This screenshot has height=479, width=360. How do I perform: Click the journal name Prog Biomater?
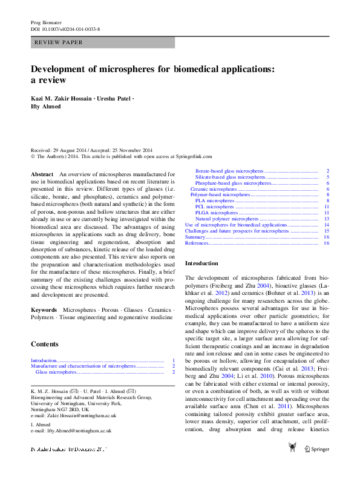46,22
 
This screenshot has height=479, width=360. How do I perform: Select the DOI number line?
65,29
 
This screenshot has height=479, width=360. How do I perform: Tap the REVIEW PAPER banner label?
59,42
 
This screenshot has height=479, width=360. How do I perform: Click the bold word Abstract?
42,174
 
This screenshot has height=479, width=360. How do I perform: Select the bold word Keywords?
44,309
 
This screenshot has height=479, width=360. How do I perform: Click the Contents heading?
45,344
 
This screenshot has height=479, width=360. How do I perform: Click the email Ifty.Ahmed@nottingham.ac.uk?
79,431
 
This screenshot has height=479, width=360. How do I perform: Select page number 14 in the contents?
326,225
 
